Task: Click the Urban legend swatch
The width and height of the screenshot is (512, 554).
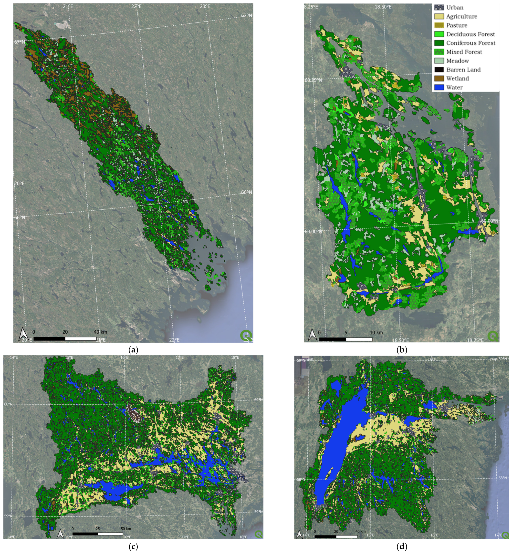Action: tap(439, 8)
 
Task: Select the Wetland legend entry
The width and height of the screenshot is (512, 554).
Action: tap(457, 78)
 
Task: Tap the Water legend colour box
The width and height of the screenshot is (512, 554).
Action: tap(439, 87)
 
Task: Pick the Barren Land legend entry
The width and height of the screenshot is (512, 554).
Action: tap(463, 70)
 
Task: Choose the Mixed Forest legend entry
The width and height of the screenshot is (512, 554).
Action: tap(464, 52)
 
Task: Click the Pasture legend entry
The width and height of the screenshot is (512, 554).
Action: tap(457, 25)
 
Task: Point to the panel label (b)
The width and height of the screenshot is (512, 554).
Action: tap(402, 350)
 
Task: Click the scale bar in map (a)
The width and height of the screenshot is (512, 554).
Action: tap(65, 339)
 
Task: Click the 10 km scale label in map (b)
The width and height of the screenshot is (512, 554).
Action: tap(376, 332)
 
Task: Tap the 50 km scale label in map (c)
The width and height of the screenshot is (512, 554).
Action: tap(126, 529)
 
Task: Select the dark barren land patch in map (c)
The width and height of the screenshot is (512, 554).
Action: tap(134, 413)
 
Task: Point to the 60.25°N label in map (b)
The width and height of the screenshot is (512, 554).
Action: tap(313, 80)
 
